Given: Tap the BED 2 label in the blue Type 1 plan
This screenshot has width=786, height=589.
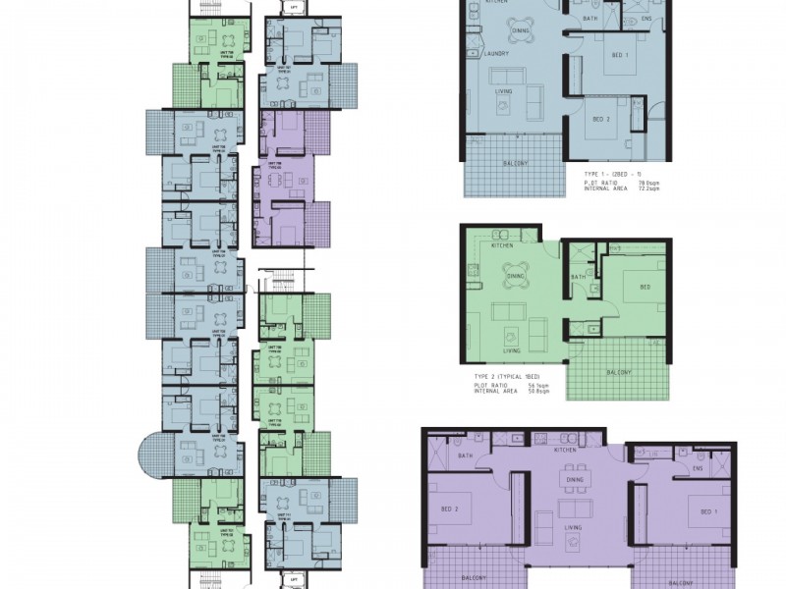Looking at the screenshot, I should click(x=603, y=119).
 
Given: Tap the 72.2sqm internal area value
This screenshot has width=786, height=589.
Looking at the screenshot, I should click(x=646, y=187).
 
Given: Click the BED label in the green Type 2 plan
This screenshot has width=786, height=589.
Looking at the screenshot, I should click(x=645, y=288).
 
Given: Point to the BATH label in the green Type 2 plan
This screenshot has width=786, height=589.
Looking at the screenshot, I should click(x=578, y=277).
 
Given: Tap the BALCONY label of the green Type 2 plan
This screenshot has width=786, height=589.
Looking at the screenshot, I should click(x=618, y=371).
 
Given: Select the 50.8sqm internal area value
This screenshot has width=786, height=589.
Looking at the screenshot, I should click(x=535, y=392).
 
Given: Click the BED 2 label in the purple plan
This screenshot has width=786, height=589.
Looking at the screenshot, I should click(x=448, y=509).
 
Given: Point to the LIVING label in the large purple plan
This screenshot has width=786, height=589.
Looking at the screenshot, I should click(x=573, y=528).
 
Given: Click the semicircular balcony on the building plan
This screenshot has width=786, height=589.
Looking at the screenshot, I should click(x=154, y=456).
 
